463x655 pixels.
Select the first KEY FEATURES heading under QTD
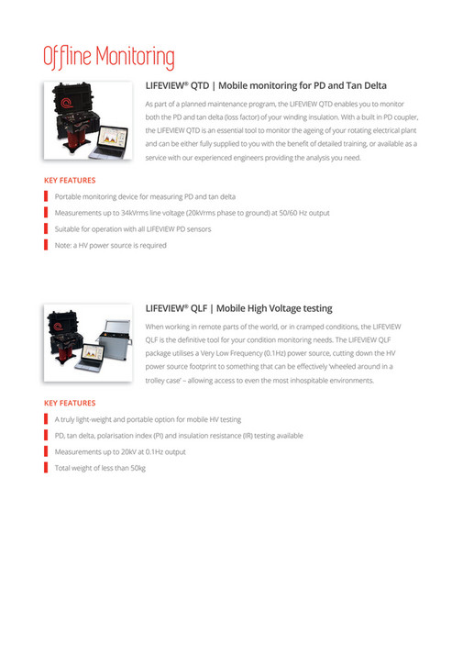70,181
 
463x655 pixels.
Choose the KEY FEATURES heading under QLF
70,403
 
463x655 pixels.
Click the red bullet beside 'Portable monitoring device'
46,196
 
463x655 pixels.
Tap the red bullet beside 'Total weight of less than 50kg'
46,468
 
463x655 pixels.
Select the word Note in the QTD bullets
63,245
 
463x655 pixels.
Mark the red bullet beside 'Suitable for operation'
46,228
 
